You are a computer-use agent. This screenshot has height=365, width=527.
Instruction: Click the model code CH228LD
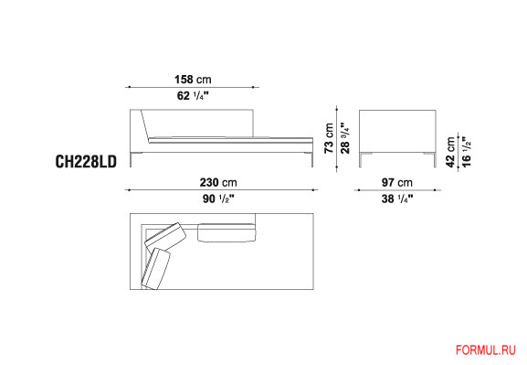coord(86,161)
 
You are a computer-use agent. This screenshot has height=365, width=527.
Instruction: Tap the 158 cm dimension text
coord(193,80)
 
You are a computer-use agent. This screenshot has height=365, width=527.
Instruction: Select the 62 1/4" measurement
coord(193,96)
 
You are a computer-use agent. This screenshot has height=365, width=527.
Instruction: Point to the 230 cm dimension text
coord(218,183)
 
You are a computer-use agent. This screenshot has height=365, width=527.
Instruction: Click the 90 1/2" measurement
coord(218,199)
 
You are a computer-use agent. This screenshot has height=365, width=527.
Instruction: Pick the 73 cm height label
coord(329,138)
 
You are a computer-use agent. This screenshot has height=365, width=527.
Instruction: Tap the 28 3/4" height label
coord(345,138)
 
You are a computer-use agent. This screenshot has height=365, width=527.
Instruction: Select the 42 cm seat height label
coord(450,152)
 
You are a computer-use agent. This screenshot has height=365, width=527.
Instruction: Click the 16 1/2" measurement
coord(467,152)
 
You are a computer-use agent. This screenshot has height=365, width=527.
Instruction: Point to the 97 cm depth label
coord(397,183)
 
